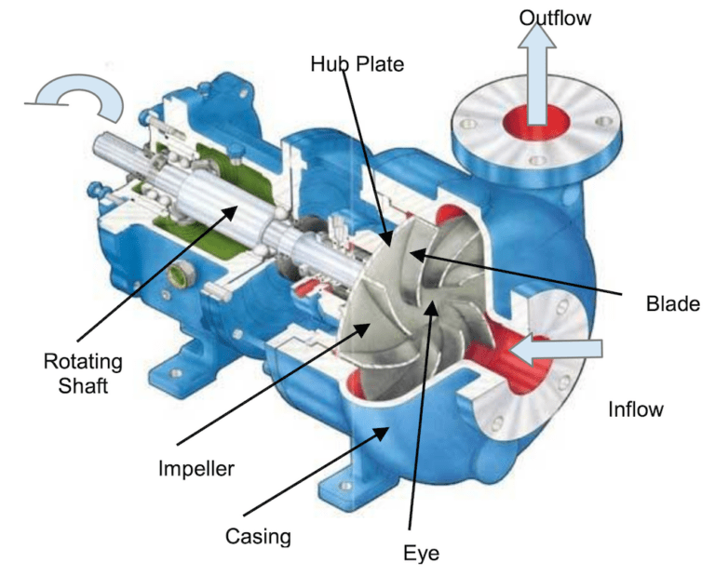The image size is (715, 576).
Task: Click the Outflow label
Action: [x=554, y=18]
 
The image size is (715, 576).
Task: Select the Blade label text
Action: [x=671, y=303]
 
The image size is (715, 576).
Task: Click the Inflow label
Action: [x=635, y=409]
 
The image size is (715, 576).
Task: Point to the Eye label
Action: [x=421, y=553]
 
